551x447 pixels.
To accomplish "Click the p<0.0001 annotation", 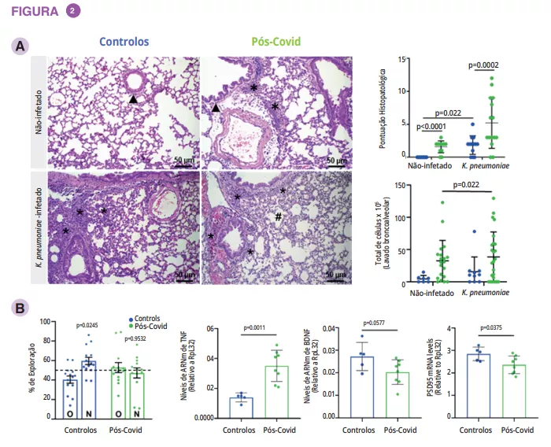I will [x=432, y=127].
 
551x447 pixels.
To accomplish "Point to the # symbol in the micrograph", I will [x=278, y=216].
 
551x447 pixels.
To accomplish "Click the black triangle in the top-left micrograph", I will [x=134, y=99].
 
